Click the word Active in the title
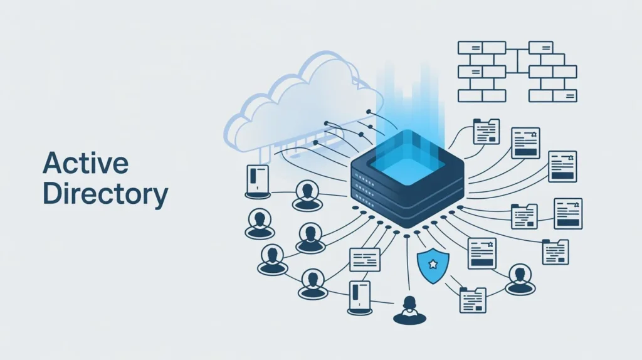point(85,164)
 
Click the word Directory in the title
point(105,196)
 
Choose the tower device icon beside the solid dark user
point(360,297)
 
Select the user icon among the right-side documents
point(520,278)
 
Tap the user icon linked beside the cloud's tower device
point(307,195)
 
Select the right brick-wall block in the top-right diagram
point(552,71)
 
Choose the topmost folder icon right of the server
point(486,132)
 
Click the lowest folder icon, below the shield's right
point(473,300)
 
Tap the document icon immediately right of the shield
point(481,253)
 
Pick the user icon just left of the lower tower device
point(313,283)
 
